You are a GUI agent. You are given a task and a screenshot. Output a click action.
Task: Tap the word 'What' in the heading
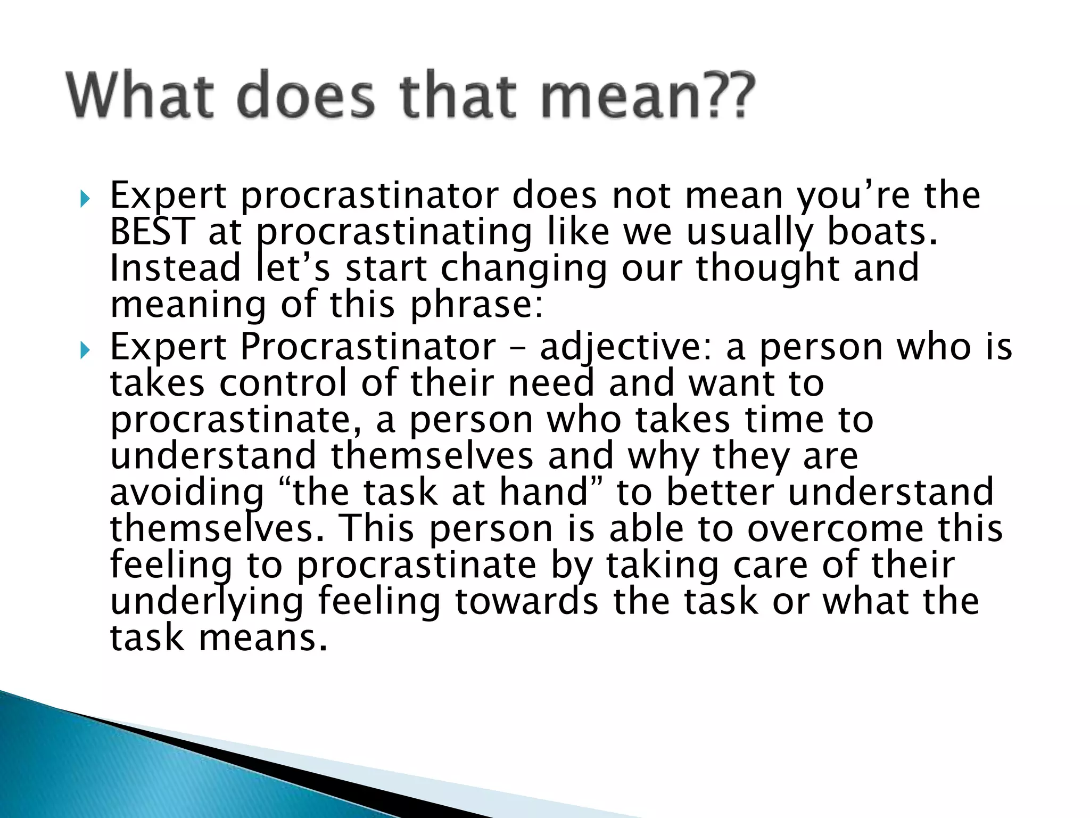pos(141,96)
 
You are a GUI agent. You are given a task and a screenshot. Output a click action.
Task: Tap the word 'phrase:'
pos(477,305)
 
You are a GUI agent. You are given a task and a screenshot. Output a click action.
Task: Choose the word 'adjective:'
pos(626,348)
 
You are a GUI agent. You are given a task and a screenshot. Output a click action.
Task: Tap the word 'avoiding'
pos(186,493)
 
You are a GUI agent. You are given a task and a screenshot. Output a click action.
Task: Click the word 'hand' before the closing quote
pos(543,492)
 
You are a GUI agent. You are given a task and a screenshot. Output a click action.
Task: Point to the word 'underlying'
pos(207,602)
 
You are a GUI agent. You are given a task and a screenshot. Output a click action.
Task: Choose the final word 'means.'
pos(262,638)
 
